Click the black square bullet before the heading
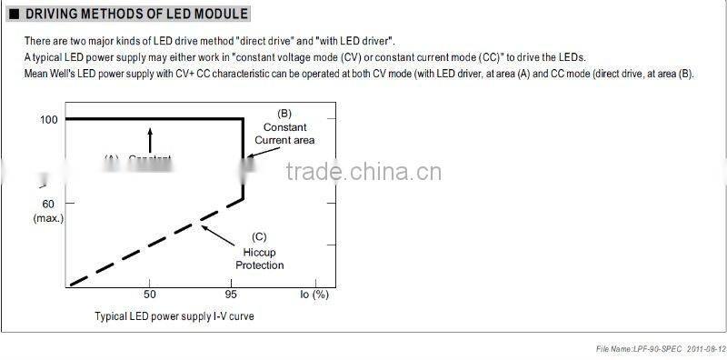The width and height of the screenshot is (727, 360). tap(13, 15)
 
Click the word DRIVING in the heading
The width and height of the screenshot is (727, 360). tap(53, 15)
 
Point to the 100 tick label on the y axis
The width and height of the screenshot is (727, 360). tap(47, 119)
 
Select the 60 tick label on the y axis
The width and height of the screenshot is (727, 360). tap(47, 205)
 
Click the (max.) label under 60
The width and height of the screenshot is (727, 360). tap(46, 218)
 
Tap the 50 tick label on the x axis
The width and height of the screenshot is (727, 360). tap(150, 295)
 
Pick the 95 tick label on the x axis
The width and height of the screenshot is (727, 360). tap(233, 295)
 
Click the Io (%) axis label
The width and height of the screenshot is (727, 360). tap(314, 295)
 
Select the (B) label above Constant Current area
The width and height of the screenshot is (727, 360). tap(284, 114)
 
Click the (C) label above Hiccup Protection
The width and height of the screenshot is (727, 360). tap(259, 236)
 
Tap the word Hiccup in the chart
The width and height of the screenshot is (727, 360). tap(260, 251)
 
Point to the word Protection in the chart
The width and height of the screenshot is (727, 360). tap(260, 265)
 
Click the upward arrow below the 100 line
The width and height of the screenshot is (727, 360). tap(151, 139)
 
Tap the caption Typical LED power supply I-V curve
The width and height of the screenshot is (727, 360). tap(174, 316)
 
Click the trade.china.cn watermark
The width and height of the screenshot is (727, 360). tap(363, 174)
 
